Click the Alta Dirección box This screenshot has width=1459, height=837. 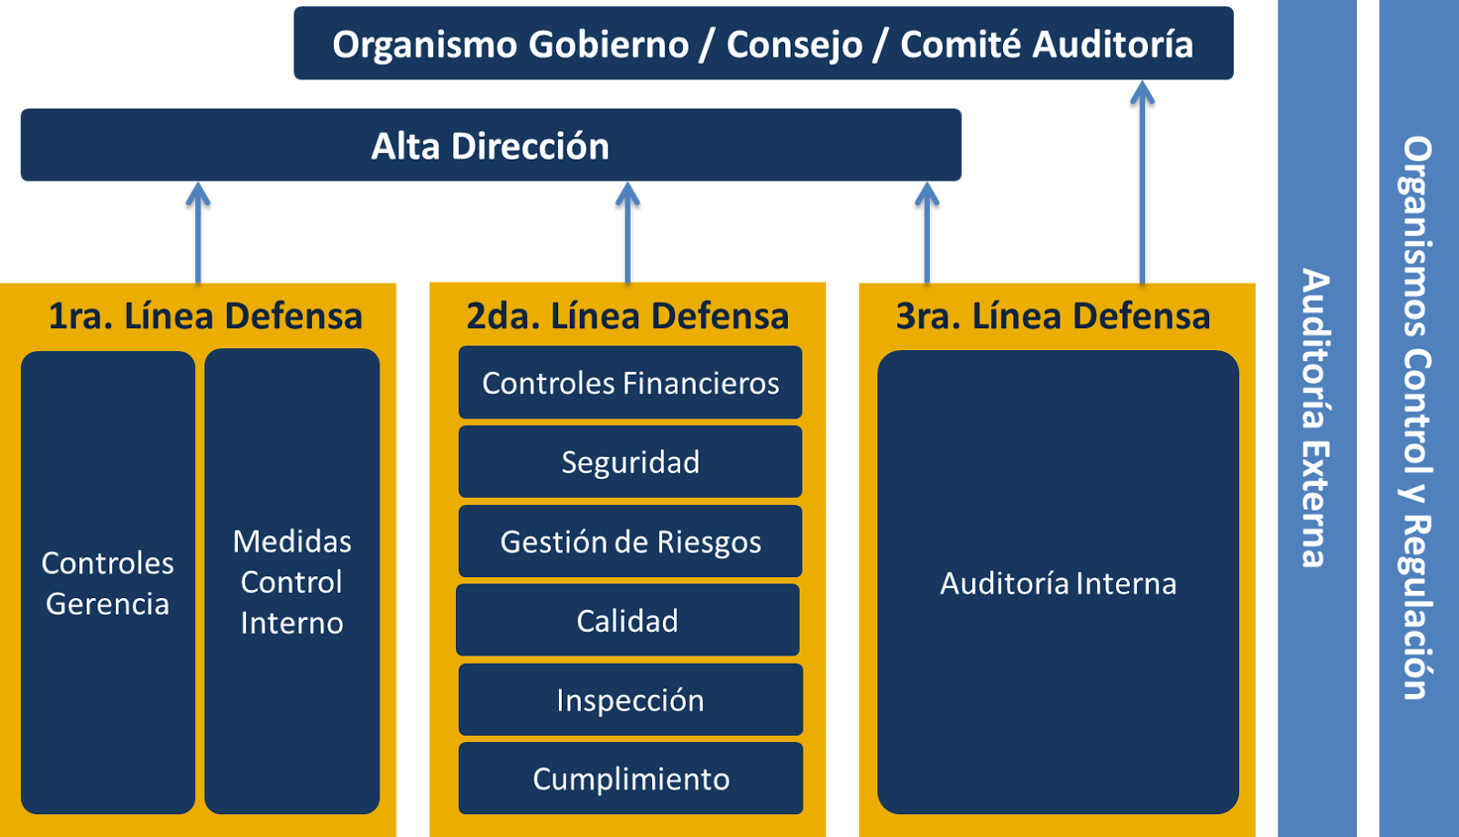[491, 146]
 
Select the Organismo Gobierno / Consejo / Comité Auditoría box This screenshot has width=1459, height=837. [762, 44]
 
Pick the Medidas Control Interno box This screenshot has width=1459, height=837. [292, 582]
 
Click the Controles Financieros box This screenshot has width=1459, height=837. [630, 383]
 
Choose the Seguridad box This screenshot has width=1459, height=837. [630, 462]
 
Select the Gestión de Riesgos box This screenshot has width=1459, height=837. [630, 542]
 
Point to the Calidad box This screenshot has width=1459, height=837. [627, 621]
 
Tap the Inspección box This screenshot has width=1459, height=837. [630, 700]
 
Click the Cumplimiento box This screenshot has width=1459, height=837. [630, 779]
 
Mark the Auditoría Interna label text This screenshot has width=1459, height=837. [1058, 584]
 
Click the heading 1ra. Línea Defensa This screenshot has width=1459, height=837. [205, 316]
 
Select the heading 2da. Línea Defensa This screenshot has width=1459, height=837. [627, 316]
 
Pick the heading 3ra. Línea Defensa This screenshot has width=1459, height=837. [1052, 316]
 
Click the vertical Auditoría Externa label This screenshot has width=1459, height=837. [1316, 418]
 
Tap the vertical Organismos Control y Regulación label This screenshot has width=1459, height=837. [1417, 418]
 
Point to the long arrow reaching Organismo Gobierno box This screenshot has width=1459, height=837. [1142, 182]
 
